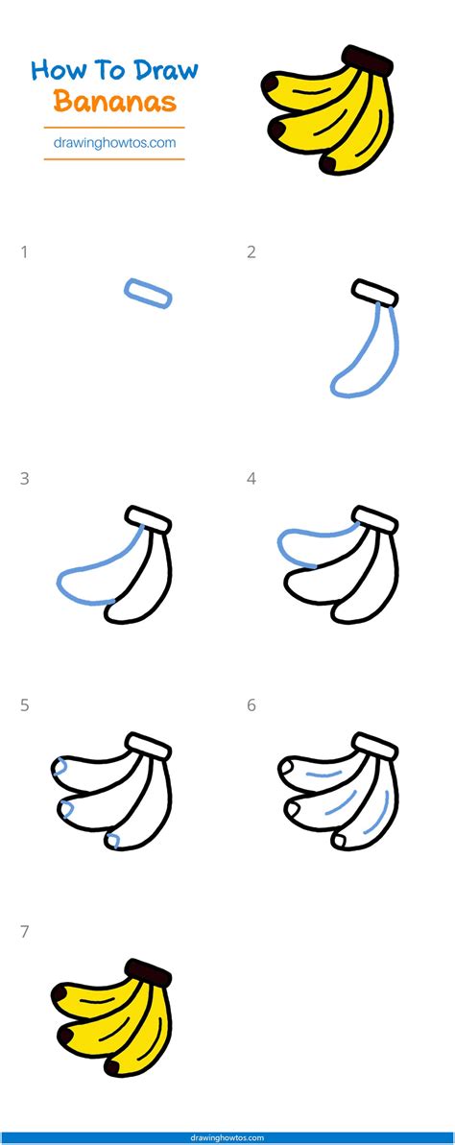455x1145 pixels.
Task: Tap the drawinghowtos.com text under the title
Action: (x=114, y=142)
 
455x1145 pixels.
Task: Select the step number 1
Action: (x=24, y=252)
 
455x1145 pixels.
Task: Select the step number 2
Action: (x=251, y=252)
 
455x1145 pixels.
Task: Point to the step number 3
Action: (x=24, y=478)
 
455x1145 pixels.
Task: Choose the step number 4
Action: (x=251, y=478)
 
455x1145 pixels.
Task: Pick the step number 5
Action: (x=24, y=705)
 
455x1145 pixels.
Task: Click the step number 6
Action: (x=251, y=705)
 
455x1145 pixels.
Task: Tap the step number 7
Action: (x=24, y=931)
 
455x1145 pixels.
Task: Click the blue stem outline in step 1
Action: (x=149, y=293)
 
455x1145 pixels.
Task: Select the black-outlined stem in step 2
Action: (x=375, y=292)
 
